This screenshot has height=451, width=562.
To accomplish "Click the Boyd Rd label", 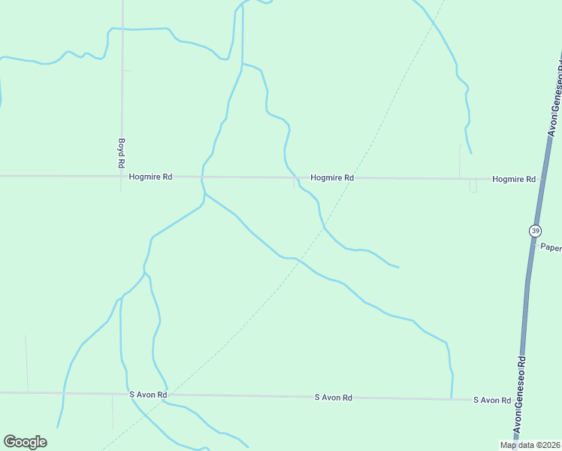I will [121, 153].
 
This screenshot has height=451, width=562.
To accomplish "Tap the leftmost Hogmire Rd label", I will [151, 177].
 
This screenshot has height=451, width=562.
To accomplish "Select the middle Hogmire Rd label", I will [332, 178].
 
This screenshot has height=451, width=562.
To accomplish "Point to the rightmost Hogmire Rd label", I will [514, 180].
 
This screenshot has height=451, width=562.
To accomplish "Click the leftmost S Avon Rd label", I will [148, 395].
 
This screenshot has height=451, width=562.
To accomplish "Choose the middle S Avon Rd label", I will [334, 397].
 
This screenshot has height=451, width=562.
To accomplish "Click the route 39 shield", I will [535, 231].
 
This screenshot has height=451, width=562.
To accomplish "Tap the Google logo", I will [25, 442].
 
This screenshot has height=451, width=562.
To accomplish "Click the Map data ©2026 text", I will [530, 445].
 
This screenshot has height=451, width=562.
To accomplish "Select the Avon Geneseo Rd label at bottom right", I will [518, 402].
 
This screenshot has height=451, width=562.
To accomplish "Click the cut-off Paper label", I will [551, 247].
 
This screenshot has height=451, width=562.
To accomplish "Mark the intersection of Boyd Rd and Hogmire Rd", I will [121, 176].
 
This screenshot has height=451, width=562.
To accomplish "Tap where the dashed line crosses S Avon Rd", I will [167, 395].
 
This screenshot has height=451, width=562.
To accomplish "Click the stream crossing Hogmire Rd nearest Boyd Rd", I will [202, 177].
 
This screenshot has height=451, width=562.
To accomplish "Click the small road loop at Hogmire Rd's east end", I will [473, 186].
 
